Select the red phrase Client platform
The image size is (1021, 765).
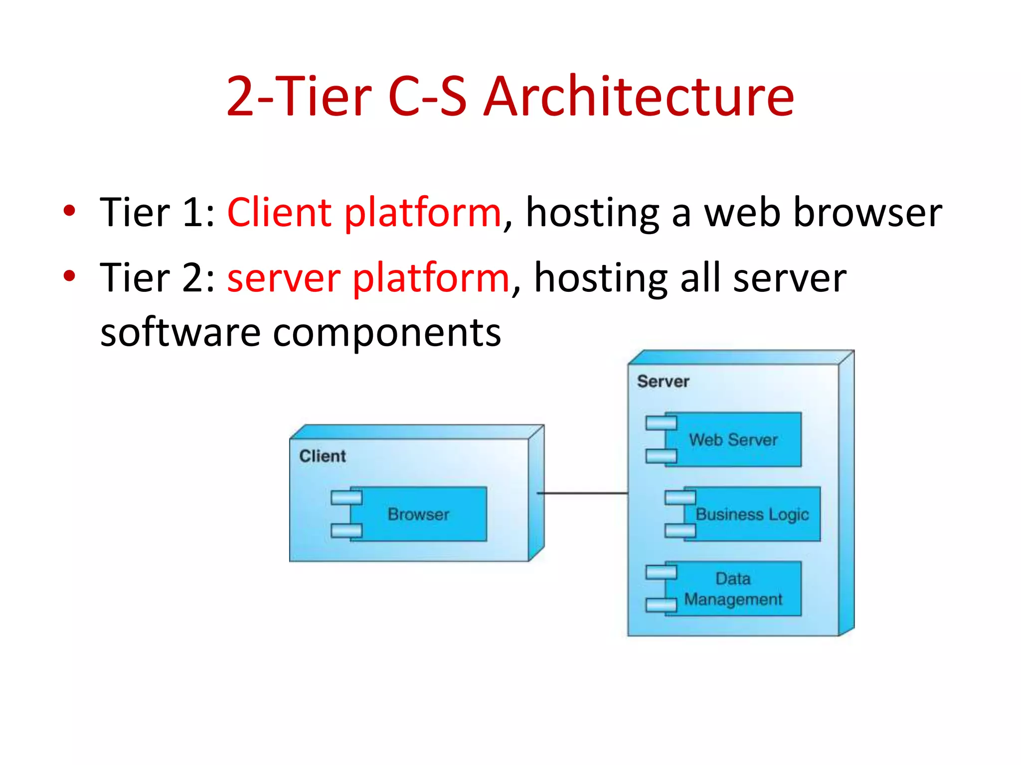364,213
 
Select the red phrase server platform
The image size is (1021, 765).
368,277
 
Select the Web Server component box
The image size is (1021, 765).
733,440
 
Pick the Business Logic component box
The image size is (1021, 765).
752,514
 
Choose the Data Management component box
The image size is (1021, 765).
733,589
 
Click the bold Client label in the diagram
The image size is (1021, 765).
323,456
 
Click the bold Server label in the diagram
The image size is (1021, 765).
663,382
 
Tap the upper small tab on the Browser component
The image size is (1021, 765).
346,497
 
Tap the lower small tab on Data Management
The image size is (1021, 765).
661,605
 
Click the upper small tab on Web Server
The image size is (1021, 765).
661,423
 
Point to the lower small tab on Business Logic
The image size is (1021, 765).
680,530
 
